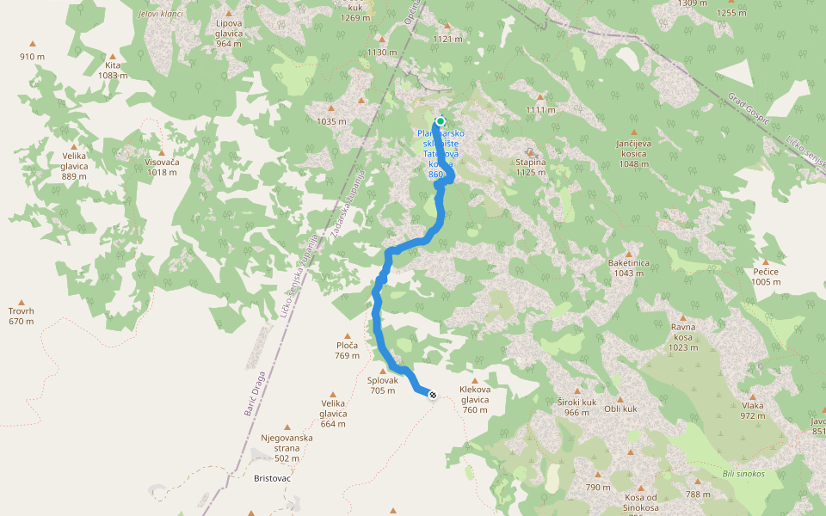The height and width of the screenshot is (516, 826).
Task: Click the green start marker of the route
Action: pos(440,121)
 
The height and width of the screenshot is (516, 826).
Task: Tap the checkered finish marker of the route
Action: pos(432,395)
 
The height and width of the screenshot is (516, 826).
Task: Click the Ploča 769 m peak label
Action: pos(347,350)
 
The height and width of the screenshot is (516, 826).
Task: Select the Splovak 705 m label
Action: pos(383,385)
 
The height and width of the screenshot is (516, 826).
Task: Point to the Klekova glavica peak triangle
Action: pos(474,380)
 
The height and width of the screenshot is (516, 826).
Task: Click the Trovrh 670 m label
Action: pos(21,316)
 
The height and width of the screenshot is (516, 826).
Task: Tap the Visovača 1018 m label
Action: pos(161,167)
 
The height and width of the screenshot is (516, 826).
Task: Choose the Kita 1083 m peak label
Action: pos(113,70)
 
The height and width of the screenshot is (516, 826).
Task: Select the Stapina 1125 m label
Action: pos(531,167)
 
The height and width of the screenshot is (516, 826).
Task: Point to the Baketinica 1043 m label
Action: pos(628,267)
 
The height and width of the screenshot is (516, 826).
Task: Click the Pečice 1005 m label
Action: pos(765,276)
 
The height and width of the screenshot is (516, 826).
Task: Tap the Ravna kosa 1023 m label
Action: pos(683,337)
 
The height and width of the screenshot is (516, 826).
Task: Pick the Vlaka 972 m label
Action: pos(752,410)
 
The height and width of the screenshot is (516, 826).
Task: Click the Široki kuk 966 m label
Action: pos(576,407)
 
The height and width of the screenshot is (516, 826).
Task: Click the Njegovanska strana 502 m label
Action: pos(287,447)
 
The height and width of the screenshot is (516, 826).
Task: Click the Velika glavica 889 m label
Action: pos(74,165)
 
